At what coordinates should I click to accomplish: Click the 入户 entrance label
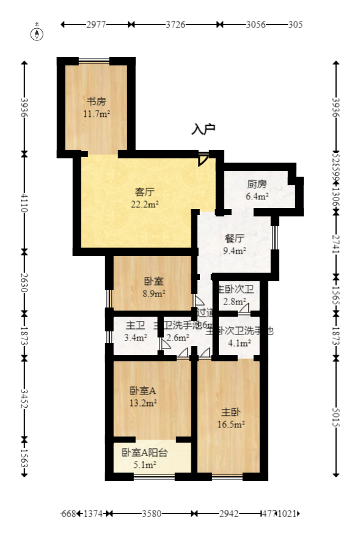tap(204, 129)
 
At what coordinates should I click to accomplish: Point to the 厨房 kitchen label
tap(257, 184)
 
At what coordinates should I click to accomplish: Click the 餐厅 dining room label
tap(235, 238)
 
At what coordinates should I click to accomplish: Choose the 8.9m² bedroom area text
tap(153, 293)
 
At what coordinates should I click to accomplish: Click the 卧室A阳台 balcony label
tap(144, 453)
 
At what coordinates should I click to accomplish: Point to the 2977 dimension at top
tap(97, 25)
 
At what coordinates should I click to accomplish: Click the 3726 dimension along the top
tap(176, 25)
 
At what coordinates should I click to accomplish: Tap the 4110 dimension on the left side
tap(25, 202)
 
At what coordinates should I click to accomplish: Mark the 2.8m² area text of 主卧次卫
tap(234, 301)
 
